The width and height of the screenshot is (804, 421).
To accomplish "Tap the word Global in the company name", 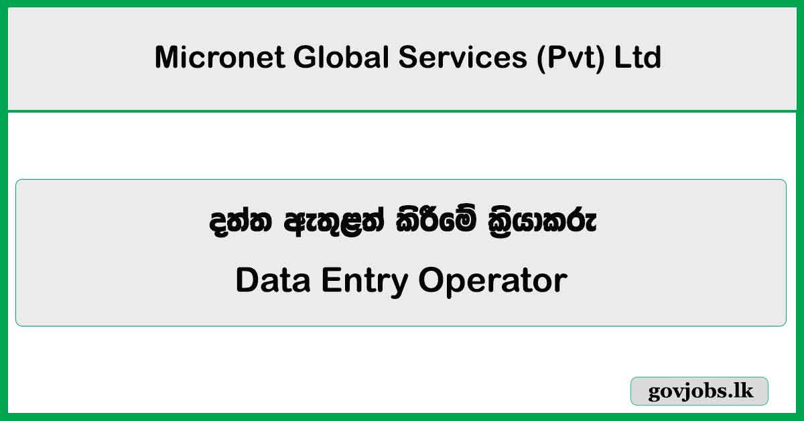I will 342,58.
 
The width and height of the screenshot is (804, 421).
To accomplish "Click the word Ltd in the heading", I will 638,58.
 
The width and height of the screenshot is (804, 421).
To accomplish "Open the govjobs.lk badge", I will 699,392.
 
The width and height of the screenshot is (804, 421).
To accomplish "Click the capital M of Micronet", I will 167,58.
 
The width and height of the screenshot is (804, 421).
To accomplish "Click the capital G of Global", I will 307,58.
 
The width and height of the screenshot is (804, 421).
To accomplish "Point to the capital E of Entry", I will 330,280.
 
